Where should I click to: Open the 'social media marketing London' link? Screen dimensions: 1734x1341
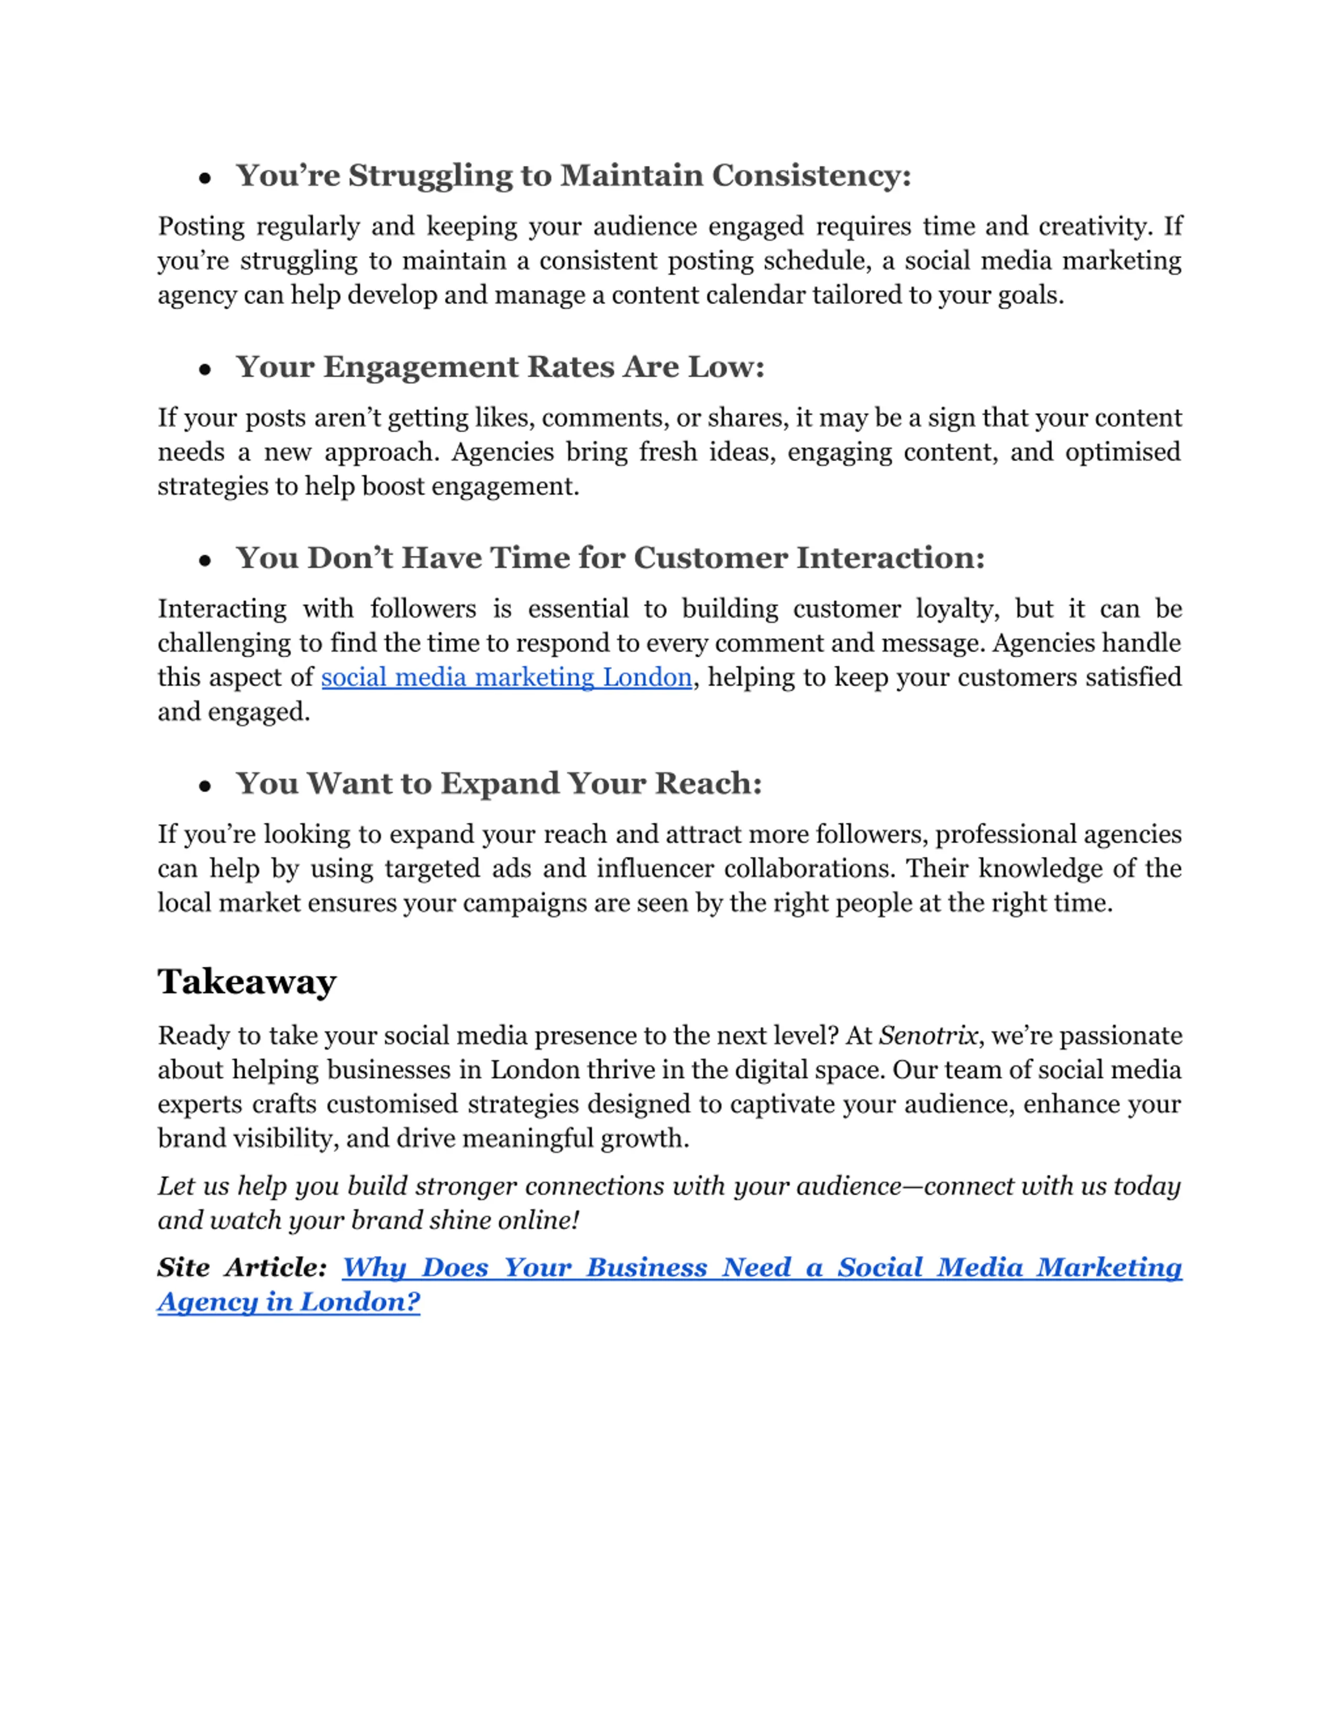click(x=506, y=677)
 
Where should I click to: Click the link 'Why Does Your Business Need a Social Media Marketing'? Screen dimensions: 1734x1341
click(x=761, y=1267)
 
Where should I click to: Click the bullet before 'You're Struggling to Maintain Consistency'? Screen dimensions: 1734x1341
click(x=205, y=178)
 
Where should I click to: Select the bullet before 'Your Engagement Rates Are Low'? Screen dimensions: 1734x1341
click(x=205, y=369)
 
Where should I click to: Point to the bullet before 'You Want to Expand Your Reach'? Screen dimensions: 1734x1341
click(x=205, y=786)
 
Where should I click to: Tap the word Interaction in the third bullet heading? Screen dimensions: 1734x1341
click(x=890, y=558)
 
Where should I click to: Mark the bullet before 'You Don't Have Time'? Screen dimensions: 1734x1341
click(x=205, y=561)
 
